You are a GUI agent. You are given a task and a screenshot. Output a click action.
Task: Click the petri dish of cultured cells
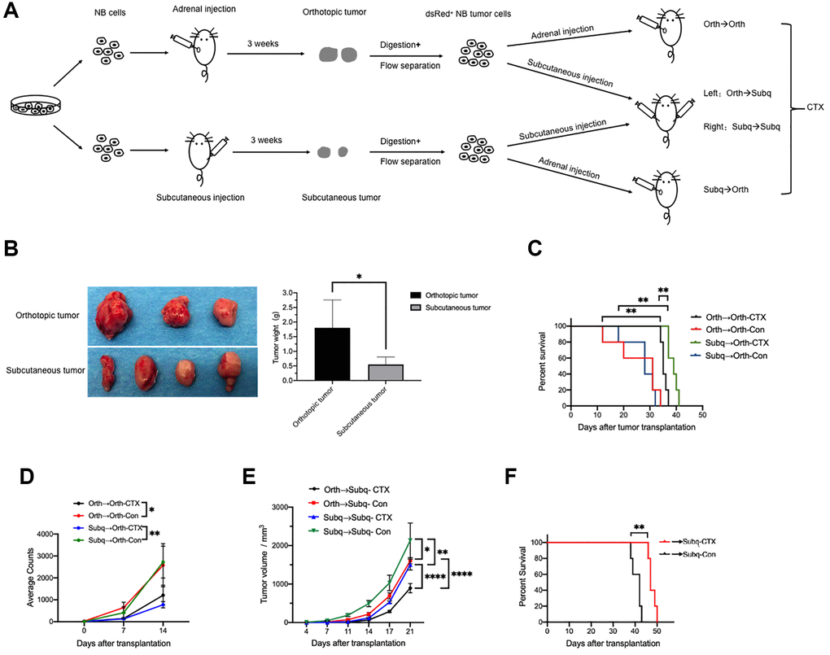[33, 106]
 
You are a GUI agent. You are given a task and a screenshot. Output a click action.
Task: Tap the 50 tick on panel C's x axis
[701, 415]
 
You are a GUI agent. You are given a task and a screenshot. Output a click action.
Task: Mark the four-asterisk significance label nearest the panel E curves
[435, 577]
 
